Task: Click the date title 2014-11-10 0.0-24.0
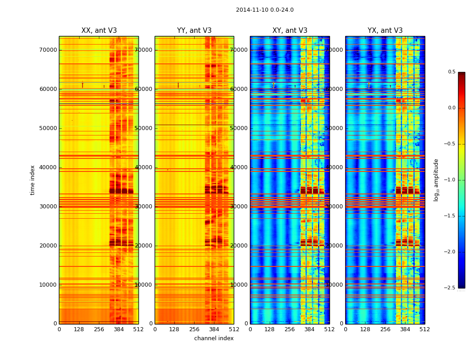coord(264,10)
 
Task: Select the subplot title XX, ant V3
coord(99,31)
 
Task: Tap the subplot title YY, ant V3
coord(194,31)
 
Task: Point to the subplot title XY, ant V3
coord(290,31)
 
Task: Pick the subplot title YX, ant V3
coord(385,31)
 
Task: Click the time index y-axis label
coord(32,180)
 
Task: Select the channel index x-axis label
coord(214,338)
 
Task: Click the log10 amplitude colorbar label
coord(436,180)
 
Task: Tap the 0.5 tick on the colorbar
coord(452,72)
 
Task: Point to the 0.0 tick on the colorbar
coord(452,108)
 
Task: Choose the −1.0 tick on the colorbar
coord(451,180)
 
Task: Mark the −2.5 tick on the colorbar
coord(451,288)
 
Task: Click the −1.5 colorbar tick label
coord(451,216)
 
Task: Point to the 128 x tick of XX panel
coord(79,329)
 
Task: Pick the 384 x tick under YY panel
coord(214,329)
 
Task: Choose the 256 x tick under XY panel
coord(290,329)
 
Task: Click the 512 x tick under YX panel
coord(425,329)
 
